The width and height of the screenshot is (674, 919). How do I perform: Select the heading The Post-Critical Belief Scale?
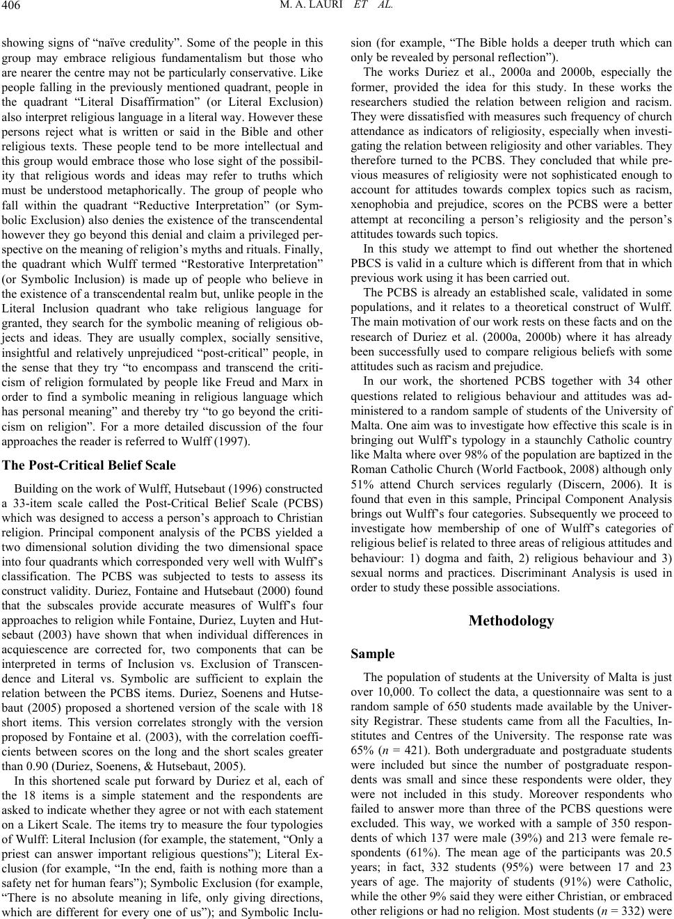(90, 465)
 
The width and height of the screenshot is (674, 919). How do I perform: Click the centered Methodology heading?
(511, 621)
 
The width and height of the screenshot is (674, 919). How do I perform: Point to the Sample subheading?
(372, 654)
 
